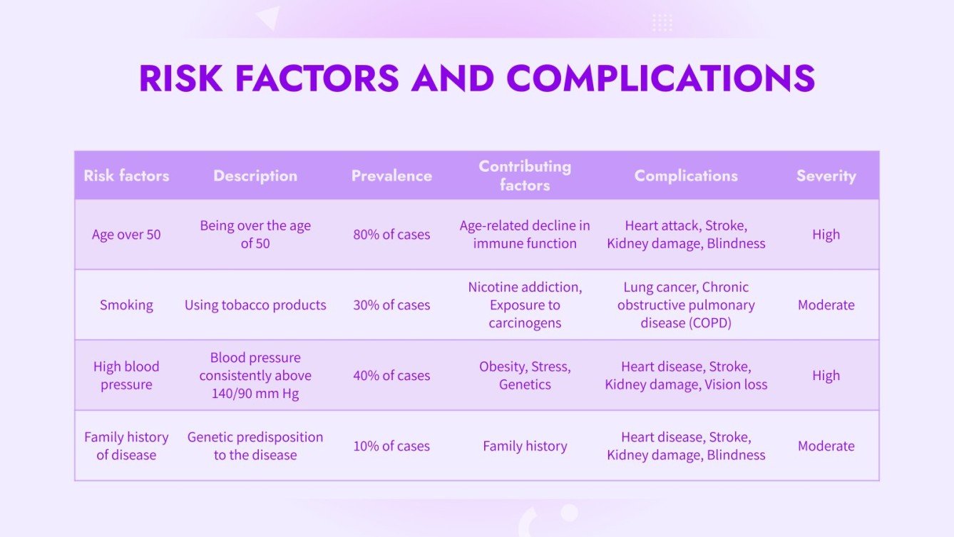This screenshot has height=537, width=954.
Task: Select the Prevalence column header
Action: (x=391, y=175)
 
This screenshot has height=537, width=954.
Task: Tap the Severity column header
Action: (x=826, y=175)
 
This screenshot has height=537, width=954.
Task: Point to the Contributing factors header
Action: (x=525, y=175)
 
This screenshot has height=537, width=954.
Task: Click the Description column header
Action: (x=255, y=175)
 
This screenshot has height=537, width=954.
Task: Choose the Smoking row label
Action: (x=126, y=305)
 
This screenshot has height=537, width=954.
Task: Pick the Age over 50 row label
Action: (x=126, y=235)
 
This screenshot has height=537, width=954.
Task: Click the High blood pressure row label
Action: (x=126, y=375)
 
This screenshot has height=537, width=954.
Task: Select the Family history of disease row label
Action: (x=126, y=446)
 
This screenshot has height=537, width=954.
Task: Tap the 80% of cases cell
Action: (x=391, y=235)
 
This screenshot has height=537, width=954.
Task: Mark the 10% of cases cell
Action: (x=391, y=446)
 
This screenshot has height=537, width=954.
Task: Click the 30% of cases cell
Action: (x=391, y=305)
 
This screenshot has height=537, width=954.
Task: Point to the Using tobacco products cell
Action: (x=255, y=305)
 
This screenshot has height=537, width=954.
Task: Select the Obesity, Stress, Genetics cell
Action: (x=525, y=375)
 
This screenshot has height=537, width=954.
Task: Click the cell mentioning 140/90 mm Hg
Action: (x=255, y=375)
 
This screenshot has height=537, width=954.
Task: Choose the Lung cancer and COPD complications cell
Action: (x=686, y=305)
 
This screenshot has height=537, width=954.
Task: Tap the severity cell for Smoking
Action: (x=826, y=305)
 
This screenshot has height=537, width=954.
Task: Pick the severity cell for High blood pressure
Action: (x=826, y=375)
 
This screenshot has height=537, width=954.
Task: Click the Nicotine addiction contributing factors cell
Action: (x=525, y=305)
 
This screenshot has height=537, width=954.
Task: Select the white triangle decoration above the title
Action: (x=269, y=17)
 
